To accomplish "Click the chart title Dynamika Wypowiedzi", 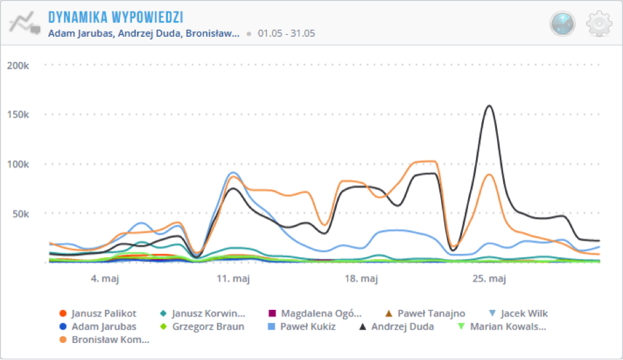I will (x=115, y=16).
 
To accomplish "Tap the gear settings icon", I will (x=599, y=24).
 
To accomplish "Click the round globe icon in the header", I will (x=562, y=24).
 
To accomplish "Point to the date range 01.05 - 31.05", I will (x=286, y=33).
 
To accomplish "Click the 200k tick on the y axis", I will (x=18, y=65).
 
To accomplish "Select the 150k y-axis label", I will (x=18, y=115).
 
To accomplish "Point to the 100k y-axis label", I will (x=18, y=164).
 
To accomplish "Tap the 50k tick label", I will (x=20, y=214).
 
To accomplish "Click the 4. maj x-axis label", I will (x=109, y=279).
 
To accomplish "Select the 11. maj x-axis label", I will (x=233, y=279).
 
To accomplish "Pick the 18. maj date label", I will (x=361, y=279).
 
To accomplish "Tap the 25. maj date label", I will (x=489, y=279).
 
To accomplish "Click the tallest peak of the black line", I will (x=489, y=105).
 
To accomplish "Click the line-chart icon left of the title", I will (x=24, y=24).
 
